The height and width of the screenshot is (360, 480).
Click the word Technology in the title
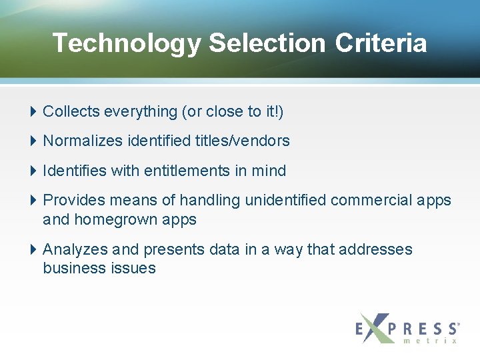click(x=126, y=43)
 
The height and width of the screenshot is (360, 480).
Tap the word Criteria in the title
click(x=381, y=43)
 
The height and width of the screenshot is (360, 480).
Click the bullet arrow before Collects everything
click(x=35, y=111)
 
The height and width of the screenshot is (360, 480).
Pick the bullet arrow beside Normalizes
click(x=35, y=141)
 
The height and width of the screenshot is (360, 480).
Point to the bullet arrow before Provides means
click(x=35, y=200)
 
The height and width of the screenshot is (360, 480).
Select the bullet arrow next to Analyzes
click(x=35, y=249)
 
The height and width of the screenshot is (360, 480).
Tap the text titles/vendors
click(x=242, y=141)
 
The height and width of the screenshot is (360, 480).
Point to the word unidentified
click(x=285, y=200)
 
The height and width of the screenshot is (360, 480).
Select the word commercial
click(x=374, y=200)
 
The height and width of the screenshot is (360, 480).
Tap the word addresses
click(x=375, y=249)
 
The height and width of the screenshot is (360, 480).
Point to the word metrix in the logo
click(x=431, y=341)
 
